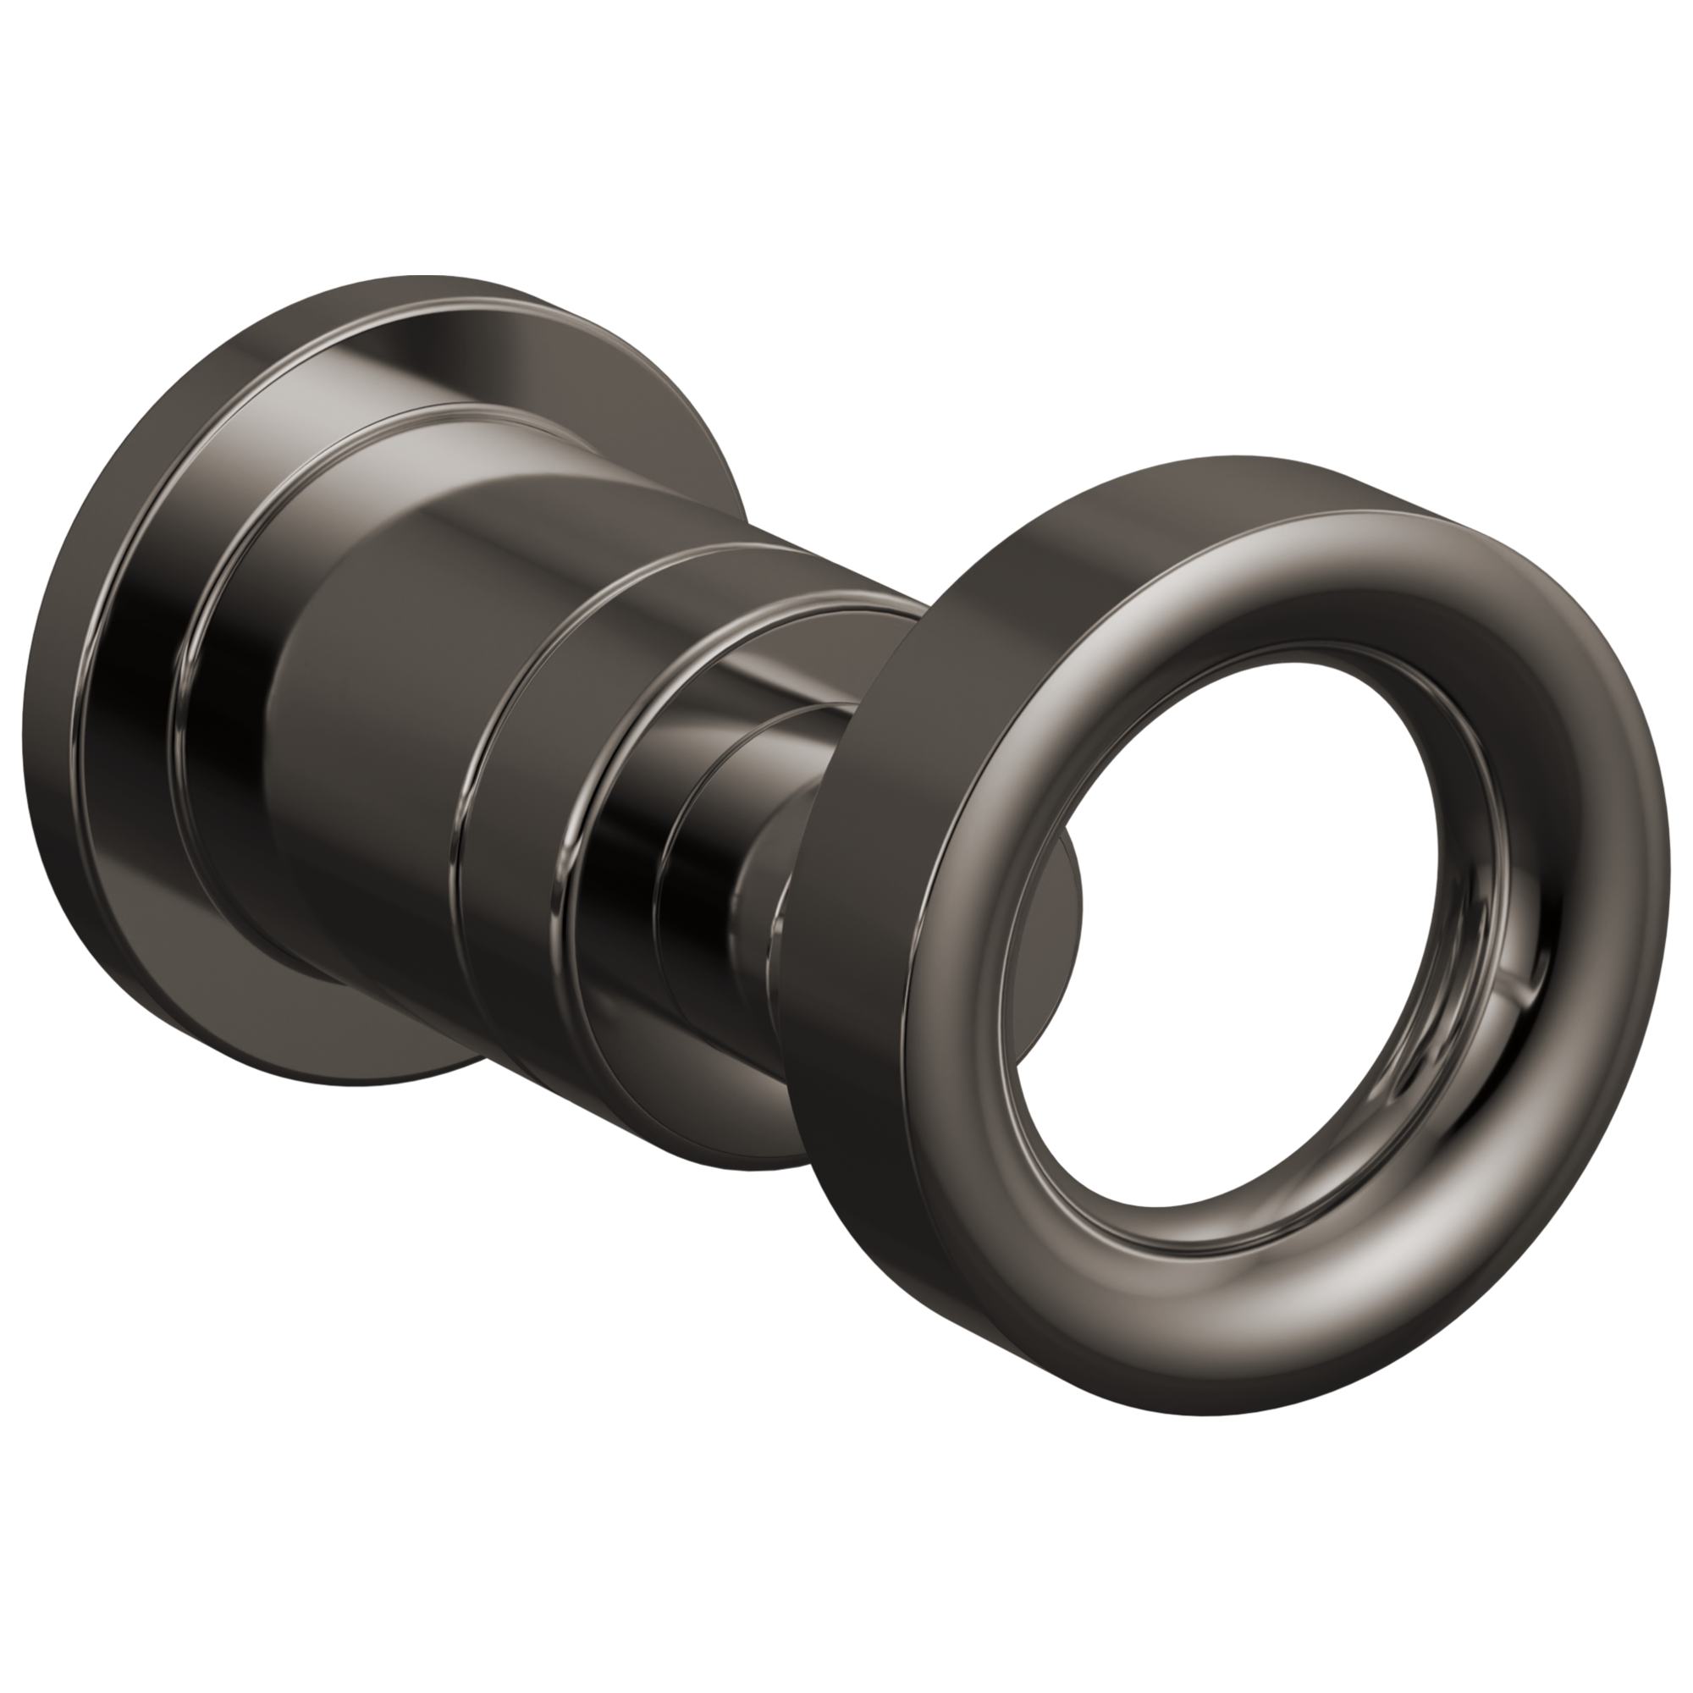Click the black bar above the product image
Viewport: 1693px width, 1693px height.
pos(846,131)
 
